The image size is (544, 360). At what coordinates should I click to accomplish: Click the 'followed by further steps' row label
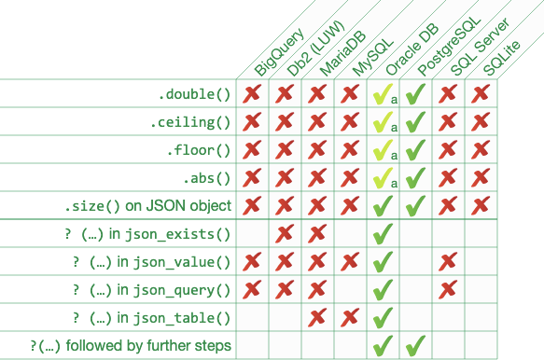point(131,346)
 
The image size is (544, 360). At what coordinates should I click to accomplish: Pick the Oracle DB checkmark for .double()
point(382,94)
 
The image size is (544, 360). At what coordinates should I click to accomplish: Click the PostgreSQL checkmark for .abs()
point(415,177)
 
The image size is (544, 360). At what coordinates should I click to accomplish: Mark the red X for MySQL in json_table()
point(350,317)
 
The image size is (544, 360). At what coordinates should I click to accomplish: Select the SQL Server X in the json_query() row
point(448,289)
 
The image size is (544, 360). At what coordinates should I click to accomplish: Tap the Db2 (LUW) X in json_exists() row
point(285,233)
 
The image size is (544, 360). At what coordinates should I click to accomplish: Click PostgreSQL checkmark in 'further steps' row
point(415,346)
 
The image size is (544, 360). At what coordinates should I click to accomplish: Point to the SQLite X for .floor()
point(481,149)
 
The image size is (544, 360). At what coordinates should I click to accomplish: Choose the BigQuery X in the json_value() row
point(252,261)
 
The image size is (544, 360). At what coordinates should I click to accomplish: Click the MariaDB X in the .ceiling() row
point(317,122)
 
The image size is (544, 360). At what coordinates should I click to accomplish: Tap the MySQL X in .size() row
point(350,205)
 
